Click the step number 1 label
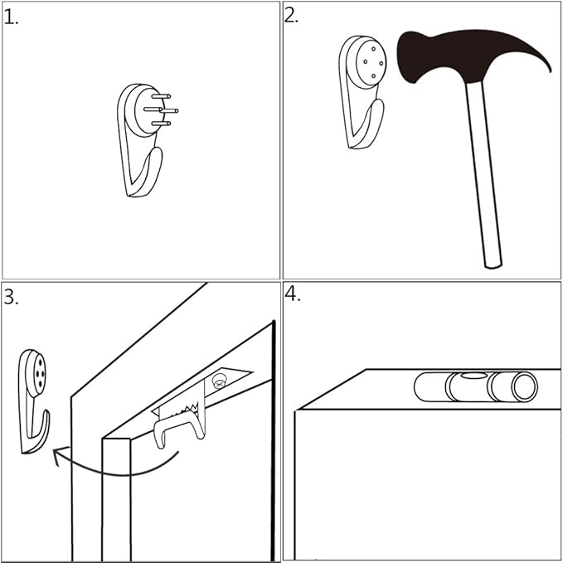[x=11, y=17]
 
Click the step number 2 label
[x=291, y=16]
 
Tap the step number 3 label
[x=11, y=298]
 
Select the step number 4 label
[x=292, y=294]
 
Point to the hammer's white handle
[x=483, y=174]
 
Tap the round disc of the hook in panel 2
[x=370, y=62]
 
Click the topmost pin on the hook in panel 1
[x=161, y=96]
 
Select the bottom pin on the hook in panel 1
[x=161, y=124]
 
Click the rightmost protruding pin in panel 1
[x=169, y=111]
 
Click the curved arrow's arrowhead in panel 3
[x=60, y=453]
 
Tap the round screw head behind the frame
[x=219, y=381]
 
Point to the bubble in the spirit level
[x=473, y=376]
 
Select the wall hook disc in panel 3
[x=37, y=373]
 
